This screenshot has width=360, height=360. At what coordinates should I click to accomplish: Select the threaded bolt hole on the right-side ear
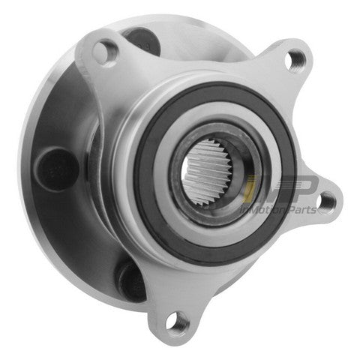[x=326, y=199]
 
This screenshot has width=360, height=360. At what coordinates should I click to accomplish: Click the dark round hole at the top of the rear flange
[x=139, y=37]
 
